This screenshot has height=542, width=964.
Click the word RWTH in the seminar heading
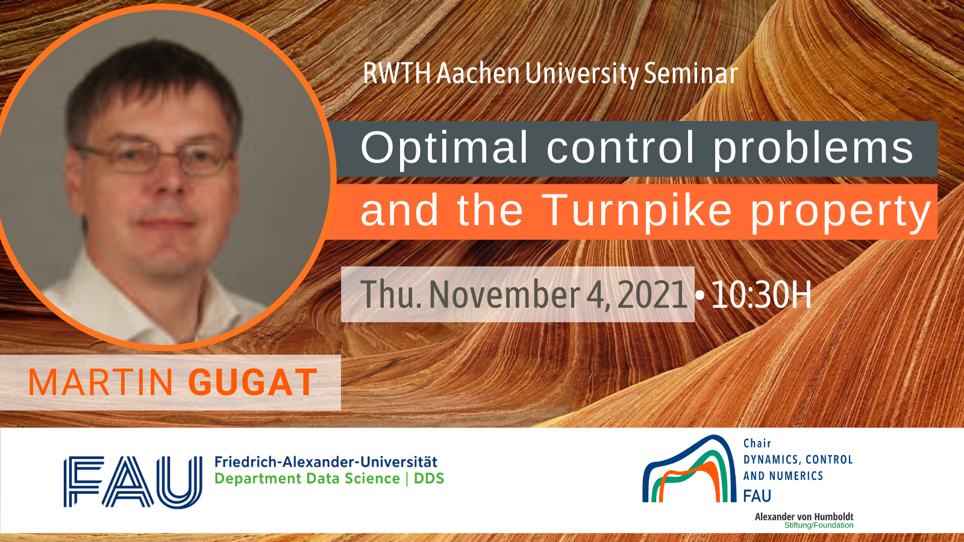point(397,73)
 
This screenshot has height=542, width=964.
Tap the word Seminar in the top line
point(691,73)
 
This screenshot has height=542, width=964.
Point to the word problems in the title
point(813,148)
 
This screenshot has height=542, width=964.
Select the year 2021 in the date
point(652,294)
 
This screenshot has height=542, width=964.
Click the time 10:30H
point(762,294)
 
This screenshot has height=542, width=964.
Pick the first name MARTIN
point(100,382)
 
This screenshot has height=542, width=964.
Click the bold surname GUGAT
point(253,382)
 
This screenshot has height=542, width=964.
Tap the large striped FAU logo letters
point(133,482)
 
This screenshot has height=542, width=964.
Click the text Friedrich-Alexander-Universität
point(326,462)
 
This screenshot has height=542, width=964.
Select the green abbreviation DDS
point(428,478)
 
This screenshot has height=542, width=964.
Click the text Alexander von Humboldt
point(804,517)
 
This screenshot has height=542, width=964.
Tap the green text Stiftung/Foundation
point(819,525)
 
